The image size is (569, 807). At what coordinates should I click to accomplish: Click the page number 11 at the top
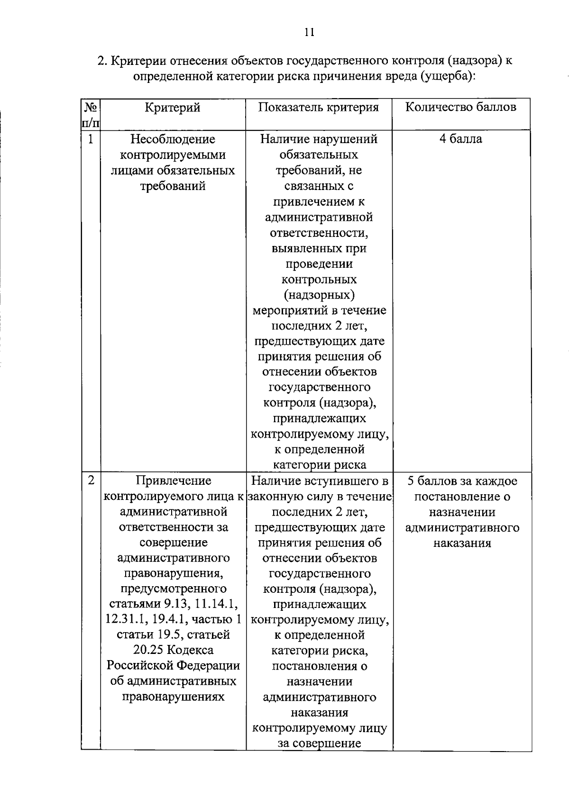308,32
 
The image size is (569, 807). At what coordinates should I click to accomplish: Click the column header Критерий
173,108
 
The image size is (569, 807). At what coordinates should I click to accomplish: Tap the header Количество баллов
461,107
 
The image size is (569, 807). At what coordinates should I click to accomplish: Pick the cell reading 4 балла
460,139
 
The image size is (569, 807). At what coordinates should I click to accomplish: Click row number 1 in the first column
90,139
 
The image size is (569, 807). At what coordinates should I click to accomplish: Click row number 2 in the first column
90,481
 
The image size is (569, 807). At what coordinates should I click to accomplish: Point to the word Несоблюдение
173,139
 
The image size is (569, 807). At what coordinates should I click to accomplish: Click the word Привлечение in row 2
173,481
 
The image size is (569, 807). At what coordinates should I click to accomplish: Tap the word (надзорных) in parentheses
319,295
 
